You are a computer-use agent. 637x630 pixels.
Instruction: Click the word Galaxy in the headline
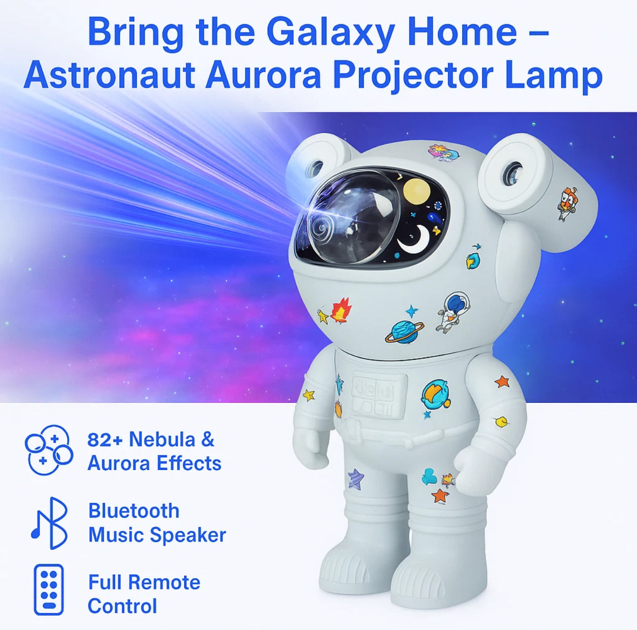tap(330, 32)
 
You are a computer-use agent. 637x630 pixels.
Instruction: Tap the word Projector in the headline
tap(413, 76)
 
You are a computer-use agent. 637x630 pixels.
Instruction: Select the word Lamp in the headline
tap(553, 76)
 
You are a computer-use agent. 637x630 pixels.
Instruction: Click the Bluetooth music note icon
tap(49, 523)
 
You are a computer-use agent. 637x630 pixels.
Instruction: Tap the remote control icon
tap(48, 589)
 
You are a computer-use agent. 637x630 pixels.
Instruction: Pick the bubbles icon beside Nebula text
tap(48, 449)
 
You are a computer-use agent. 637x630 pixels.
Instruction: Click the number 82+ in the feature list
tap(106, 439)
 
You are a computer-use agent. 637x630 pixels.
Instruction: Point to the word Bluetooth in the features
tap(134, 511)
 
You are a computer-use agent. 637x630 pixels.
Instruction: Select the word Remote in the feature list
tap(169, 583)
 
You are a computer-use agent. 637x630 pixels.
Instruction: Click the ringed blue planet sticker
tap(404, 332)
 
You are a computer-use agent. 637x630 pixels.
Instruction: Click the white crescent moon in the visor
tap(414, 239)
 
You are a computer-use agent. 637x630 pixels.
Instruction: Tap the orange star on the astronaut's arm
tap(502, 381)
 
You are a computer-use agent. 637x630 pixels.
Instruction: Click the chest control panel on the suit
tap(379, 395)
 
